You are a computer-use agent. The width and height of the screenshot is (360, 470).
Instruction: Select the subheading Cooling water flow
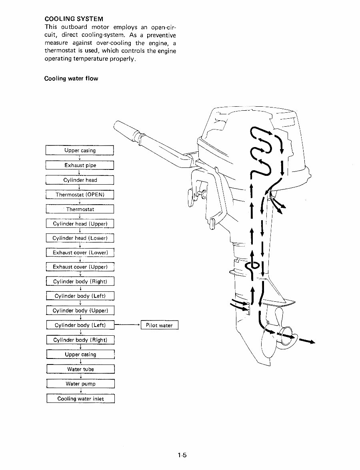(x=71, y=78)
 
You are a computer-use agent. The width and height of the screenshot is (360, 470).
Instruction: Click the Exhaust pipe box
(x=80, y=165)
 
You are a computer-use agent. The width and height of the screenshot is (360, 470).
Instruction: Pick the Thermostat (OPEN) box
(x=80, y=195)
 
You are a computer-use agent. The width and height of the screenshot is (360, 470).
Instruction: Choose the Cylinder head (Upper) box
(x=80, y=224)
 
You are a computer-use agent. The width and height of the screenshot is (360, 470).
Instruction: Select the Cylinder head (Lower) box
(x=80, y=238)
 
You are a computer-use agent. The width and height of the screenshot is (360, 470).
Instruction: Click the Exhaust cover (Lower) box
(x=80, y=253)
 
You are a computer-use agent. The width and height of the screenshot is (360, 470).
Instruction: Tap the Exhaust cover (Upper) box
(x=80, y=267)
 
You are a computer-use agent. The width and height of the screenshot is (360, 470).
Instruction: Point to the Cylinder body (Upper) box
(x=80, y=311)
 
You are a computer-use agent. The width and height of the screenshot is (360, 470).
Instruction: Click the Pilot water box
(x=159, y=325)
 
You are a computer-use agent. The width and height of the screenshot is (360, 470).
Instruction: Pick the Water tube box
(x=80, y=369)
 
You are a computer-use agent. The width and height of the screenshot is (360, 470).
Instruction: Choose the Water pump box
(x=80, y=384)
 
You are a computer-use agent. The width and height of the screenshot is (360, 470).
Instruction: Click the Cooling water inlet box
(x=80, y=398)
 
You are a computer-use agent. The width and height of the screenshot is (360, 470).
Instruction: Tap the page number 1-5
(x=183, y=455)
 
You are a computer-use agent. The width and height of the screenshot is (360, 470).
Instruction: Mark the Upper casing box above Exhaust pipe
(x=80, y=150)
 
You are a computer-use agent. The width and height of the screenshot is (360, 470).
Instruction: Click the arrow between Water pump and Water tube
(x=81, y=376)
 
